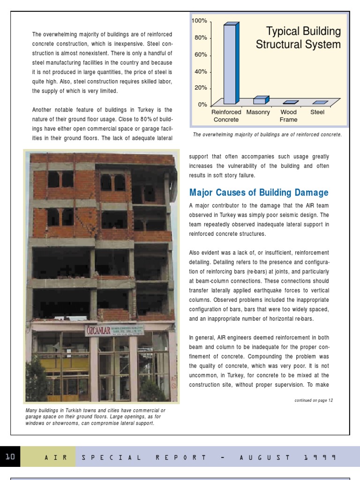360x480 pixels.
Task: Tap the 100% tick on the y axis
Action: point(199,22)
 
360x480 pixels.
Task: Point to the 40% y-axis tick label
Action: point(200,72)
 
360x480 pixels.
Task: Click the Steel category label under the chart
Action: point(317,112)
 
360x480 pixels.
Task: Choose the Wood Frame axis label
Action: point(288,116)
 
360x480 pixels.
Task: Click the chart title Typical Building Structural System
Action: point(298,38)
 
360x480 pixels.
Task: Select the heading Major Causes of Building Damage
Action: point(259,193)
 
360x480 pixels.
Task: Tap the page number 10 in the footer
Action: point(10,457)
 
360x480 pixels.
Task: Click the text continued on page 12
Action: point(314,400)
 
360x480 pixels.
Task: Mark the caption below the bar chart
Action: point(267,135)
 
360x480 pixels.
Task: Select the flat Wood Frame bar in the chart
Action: point(290,102)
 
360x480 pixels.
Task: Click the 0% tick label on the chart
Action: point(202,105)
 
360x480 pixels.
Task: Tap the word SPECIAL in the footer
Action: point(111,457)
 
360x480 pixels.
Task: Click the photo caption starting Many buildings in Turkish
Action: point(96,417)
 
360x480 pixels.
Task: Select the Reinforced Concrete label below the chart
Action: point(226,116)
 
